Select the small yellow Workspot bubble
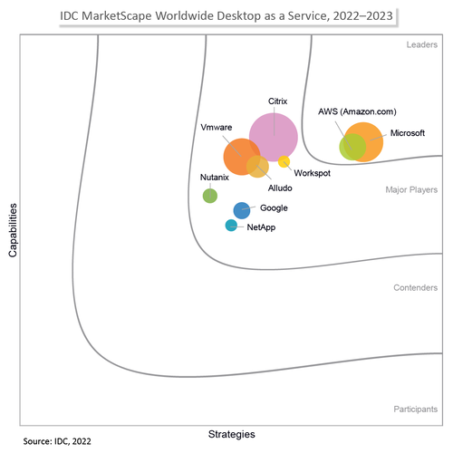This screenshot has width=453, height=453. point(284,162)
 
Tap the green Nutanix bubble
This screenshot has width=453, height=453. point(209,195)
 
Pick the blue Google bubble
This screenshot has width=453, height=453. point(242,210)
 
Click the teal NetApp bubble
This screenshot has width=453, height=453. point(231,226)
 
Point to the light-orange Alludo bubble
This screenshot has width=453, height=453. point(258,167)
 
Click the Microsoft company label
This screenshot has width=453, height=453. point(407,133)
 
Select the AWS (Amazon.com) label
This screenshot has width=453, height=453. point(357,111)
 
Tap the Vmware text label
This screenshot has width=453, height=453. point(216,128)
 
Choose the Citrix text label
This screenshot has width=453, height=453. point(278,101)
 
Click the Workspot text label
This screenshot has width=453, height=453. point(311,172)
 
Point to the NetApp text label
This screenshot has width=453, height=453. point(261,226)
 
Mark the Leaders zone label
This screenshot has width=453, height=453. point(421,43)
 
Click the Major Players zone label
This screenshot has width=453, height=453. point(412,190)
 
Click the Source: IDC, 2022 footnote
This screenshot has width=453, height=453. point(57,441)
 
